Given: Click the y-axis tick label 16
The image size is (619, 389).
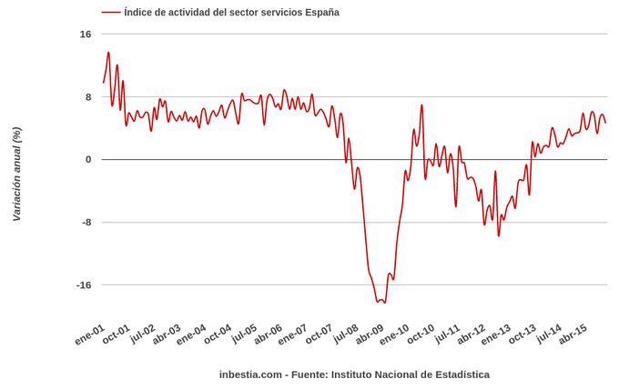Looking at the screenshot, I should (86, 35).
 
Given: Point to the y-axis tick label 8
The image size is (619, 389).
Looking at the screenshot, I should (88, 97).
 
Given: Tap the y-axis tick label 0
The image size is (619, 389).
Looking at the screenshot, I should (88, 160).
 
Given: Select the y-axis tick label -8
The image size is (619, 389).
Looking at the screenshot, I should (86, 223).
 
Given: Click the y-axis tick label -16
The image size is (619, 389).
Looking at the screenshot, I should (83, 285).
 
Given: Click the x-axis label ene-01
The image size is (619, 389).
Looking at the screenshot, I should (90, 334).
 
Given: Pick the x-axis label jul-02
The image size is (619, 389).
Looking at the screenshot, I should (142, 334).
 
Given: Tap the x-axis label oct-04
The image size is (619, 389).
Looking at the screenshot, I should (218, 334).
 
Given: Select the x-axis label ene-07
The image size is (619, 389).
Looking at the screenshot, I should (292, 334).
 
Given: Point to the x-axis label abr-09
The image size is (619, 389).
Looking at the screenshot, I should (370, 334).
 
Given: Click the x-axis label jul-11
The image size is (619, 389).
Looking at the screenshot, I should (446, 334).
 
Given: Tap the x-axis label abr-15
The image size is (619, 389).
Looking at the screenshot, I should (573, 334).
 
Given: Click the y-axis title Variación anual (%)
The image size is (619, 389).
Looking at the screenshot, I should (16, 174).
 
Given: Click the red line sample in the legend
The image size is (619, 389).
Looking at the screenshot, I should (110, 13).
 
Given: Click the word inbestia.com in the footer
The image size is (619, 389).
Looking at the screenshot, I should (249, 374).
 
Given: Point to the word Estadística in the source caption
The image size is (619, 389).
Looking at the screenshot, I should (460, 374).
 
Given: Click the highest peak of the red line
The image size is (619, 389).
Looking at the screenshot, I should (108, 53).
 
